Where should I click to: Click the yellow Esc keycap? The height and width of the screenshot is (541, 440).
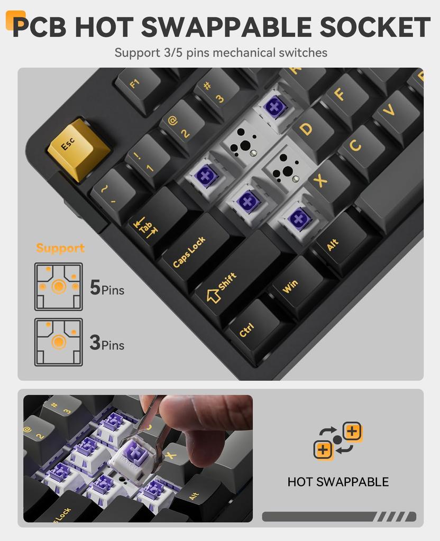click(x=78, y=148)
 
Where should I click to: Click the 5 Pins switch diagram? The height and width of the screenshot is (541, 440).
click(x=59, y=287)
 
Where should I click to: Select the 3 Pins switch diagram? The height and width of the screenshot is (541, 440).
click(x=59, y=342)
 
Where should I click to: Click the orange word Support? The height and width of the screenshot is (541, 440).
click(x=60, y=248)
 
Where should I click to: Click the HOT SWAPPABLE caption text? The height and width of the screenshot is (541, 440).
click(x=338, y=482)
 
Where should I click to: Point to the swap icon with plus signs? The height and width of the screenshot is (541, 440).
click(x=338, y=440)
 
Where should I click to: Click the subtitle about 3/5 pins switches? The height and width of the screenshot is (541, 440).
click(x=221, y=53)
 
